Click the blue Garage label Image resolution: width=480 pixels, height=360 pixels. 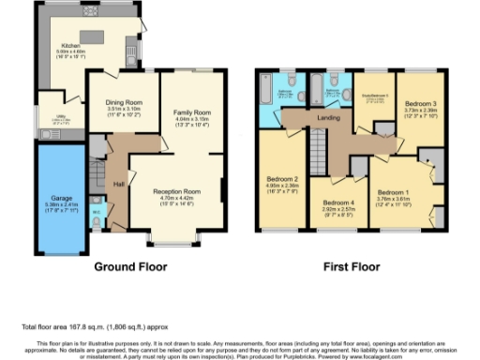(x=54, y=199)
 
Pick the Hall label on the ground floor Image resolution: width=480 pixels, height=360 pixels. (x=119, y=183)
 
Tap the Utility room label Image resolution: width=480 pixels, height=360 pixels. (x=55, y=118)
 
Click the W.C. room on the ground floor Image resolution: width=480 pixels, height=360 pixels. (x=97, y=211)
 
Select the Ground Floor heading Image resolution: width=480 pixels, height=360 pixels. (x=125, y=265)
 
